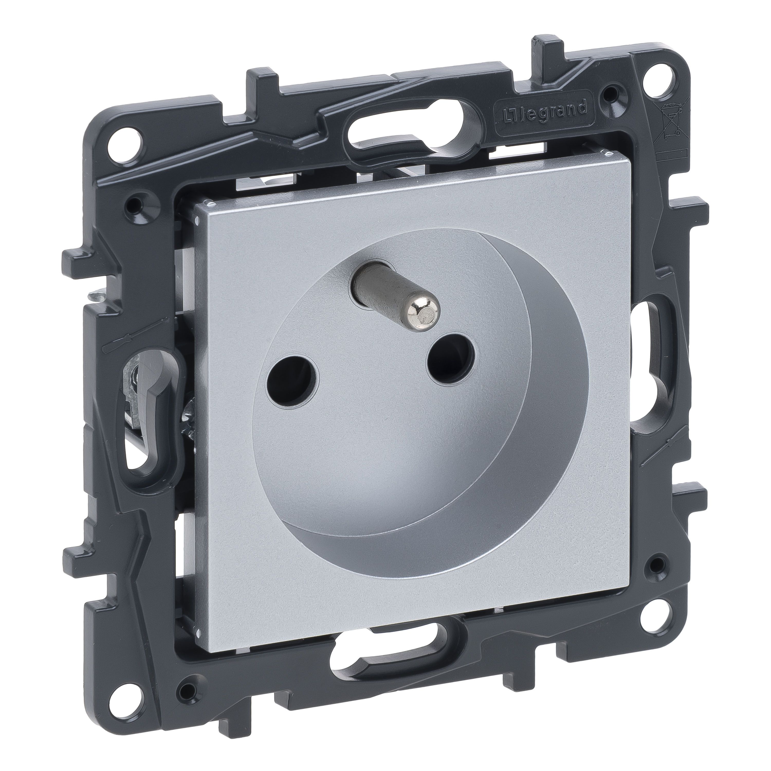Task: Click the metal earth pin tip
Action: [x=427, y=285]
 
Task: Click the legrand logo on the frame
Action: [x=541, y=114]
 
